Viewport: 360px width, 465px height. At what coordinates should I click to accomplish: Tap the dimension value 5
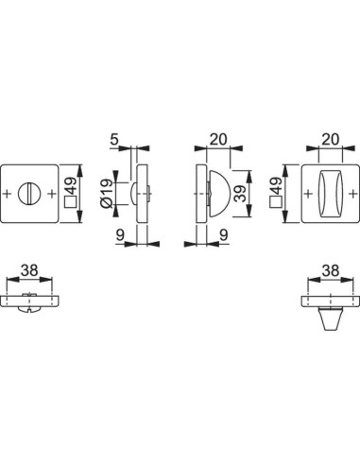click(114, 139)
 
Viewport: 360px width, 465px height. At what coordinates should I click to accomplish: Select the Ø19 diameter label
click(106, 194)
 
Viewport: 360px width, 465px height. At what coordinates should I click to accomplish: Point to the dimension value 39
click(241, 193)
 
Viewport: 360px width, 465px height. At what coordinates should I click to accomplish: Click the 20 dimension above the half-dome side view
click(218, 139)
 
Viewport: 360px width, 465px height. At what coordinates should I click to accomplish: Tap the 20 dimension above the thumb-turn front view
click(330, 139)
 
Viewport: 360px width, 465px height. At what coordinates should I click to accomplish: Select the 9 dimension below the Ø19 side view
click(120, 234)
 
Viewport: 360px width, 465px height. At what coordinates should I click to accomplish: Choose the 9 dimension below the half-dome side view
click(224, 234)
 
